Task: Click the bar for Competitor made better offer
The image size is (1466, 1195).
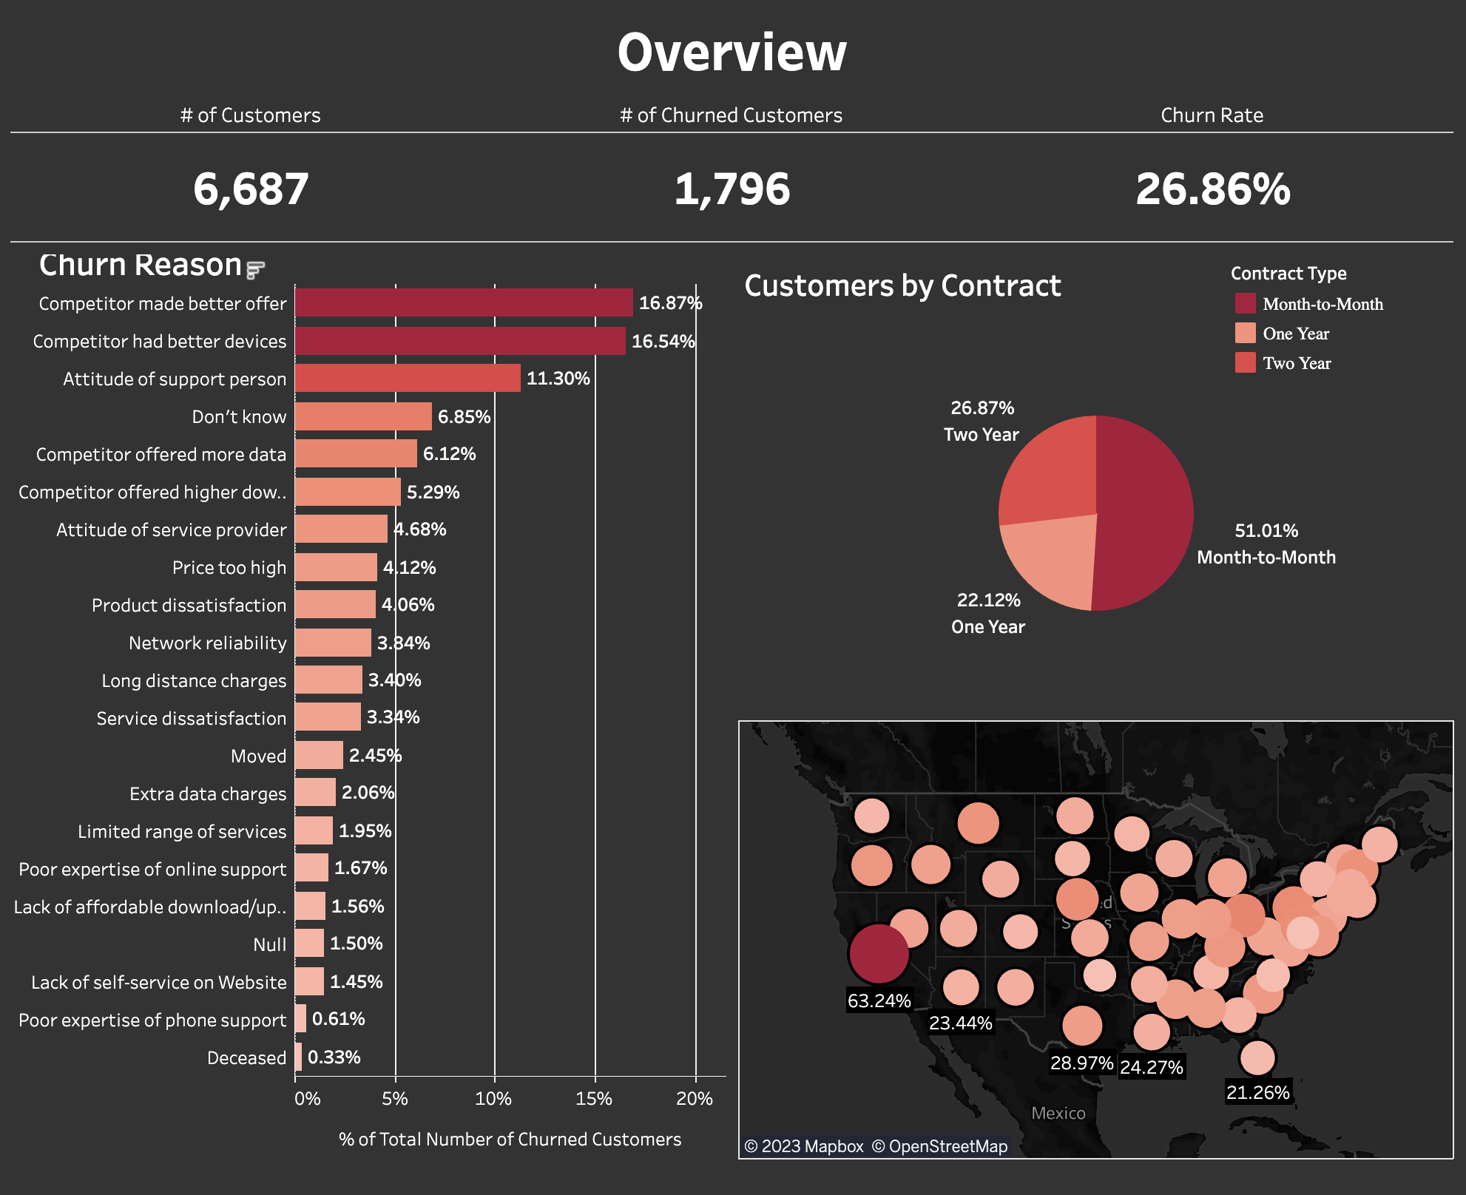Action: tap(464, 302)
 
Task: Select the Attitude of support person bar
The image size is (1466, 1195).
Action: tap(408, 378)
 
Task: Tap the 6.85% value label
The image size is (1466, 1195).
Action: tap(464, 416)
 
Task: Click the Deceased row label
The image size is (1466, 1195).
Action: tap(246, 1057)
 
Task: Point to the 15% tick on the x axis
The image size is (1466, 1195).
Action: tap(594, 1098)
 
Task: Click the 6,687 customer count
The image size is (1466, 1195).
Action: tap(251, 189)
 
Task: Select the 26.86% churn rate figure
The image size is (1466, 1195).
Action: tap(1212, 189)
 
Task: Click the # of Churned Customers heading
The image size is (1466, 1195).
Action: tap(731, 115)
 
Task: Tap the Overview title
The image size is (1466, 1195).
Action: tap(732, 53)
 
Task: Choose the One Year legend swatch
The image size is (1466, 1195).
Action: tap(1245, 334)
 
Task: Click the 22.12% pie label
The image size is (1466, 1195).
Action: tap(988, 600)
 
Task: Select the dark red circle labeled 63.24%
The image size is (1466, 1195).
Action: tap(879, 953)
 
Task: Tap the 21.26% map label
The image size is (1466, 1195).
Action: tap(1257, 1092)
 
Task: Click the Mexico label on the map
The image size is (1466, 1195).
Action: tap(1058, 1113)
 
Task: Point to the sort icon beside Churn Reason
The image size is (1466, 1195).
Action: tap(255, 270)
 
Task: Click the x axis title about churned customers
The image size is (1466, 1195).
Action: tap(510, 1139)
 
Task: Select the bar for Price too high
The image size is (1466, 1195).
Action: tap(336, 567)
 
